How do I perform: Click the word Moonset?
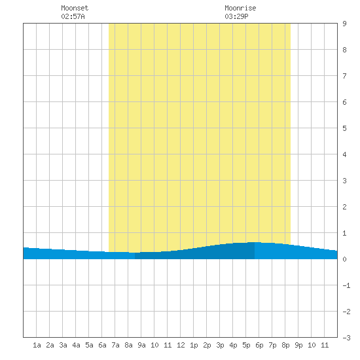[75, 8]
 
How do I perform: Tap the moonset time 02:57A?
[73, 16]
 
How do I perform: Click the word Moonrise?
[240, 8]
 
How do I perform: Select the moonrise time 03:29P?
[236, 16]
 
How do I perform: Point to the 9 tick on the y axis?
[344, 24]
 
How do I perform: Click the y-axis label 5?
[344, 128]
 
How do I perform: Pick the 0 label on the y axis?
[344, 259]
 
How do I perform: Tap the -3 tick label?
[346, 338]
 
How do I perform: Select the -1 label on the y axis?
[346, 285]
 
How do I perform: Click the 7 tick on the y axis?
[344, 76]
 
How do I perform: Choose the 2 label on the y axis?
[344, 207]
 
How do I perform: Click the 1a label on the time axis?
[37, 345]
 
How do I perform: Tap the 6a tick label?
[102, 345]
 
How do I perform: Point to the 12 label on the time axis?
[181, 345]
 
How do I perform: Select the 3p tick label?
[220, 345]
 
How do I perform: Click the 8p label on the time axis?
[285, 345]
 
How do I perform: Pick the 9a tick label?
[141, 345]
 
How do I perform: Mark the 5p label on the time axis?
[246, 345]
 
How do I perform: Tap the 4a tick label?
[76, 345]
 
